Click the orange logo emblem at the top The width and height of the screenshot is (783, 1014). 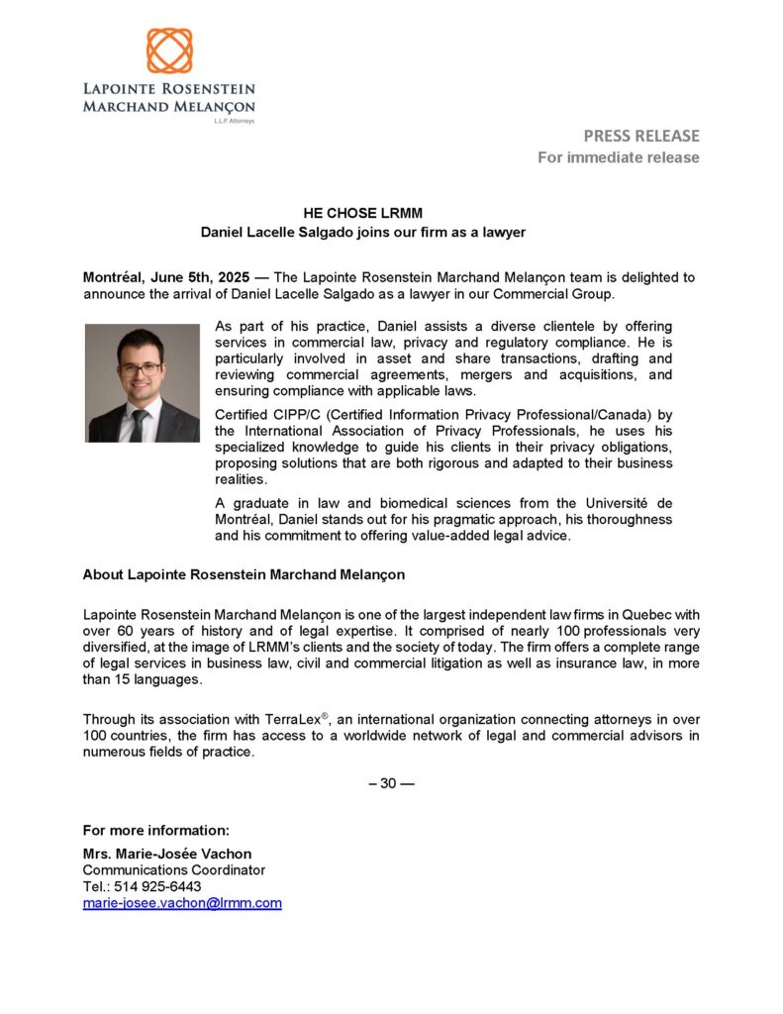point(169,51)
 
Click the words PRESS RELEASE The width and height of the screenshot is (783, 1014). point(640,136)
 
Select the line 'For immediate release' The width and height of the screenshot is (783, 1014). point(619,157)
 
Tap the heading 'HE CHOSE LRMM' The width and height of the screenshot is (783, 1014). point(363,212)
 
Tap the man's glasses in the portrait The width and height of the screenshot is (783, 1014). point(139,367)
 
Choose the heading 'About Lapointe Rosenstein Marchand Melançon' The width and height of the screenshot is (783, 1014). point(244,574)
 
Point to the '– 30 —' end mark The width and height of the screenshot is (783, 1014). point(391,783)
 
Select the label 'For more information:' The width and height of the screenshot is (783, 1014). point(156,830)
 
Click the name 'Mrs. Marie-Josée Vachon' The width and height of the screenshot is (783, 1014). point(167,854)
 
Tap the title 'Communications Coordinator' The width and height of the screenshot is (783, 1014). point(174,870)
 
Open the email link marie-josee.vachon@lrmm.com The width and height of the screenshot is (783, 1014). point(182,903)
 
